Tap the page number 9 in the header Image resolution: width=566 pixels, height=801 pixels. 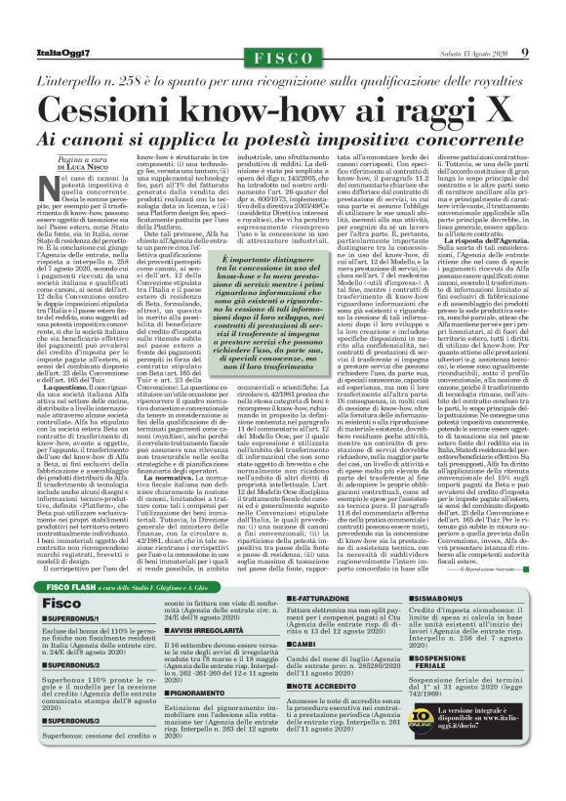click(x=524, y=52)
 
